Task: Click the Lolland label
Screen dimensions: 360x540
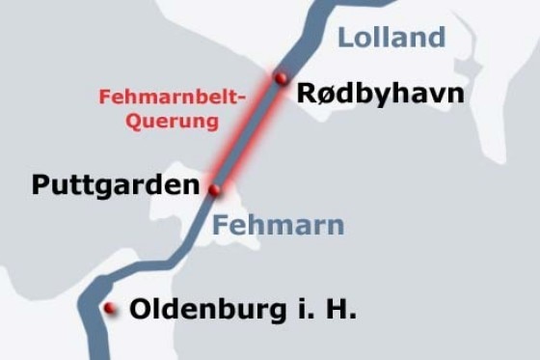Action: [391, 38]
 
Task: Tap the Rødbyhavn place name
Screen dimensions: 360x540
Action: [380, 94]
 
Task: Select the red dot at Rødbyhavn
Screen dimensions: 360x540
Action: [281, 77]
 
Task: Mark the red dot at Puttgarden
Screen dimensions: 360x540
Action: [215, 189]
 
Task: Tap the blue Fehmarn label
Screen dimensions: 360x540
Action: [278, 226]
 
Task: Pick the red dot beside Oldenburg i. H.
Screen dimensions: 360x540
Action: [111, 309]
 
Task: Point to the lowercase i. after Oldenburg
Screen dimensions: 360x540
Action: [307, 310]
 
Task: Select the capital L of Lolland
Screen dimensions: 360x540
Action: [345, 38]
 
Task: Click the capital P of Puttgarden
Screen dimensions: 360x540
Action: [40, 183]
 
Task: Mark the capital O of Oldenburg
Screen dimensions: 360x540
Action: [140, 310]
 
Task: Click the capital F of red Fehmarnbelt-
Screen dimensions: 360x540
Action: [104, 97]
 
